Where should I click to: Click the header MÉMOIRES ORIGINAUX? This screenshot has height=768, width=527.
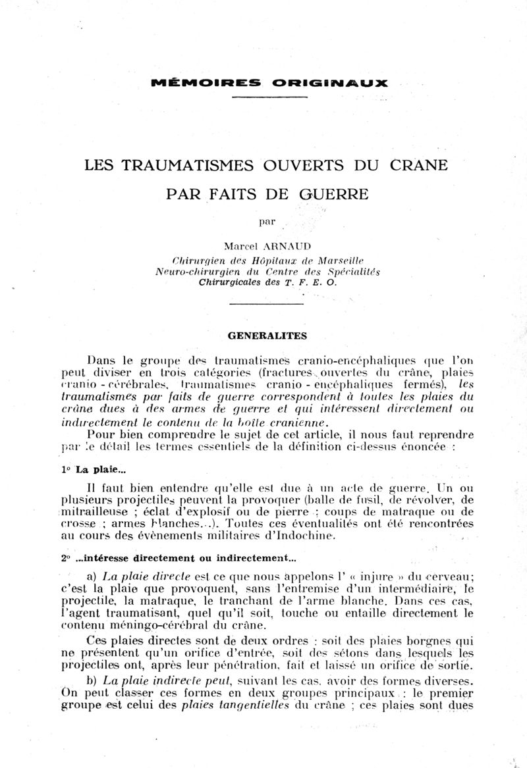pos(269,83)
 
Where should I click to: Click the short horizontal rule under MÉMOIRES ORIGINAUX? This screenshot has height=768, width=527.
pos(269,97)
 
